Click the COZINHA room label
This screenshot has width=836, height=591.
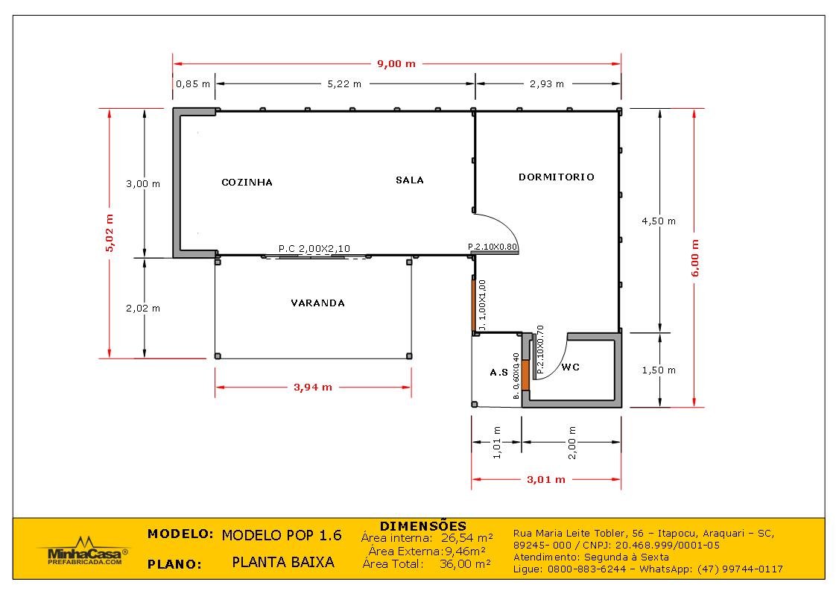pos(247,183)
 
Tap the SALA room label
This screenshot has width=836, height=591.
pos(410,180)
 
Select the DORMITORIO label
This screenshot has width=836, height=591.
pos(556,177)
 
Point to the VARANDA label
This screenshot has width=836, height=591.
pos(317,303)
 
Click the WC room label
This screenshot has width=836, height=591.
pos(571,367)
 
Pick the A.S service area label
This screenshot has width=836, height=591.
pos(499,373)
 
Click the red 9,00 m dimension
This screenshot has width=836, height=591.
pos(396,64)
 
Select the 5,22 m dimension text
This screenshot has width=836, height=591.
pos(344,83)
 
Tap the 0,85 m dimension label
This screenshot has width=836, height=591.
pos(193,83)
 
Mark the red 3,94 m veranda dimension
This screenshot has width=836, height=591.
pos(313,388)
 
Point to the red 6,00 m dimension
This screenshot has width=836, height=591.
pos(694,258)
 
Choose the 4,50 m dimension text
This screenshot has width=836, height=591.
pos(659,221)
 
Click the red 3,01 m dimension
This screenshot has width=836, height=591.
pos(546,479)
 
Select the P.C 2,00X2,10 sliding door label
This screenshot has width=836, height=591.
pos(314,249)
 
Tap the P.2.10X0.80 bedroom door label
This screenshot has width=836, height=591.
pos(493,247)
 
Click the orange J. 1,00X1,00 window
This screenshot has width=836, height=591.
pos(473,305)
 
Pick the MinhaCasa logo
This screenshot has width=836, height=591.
pos(83,552)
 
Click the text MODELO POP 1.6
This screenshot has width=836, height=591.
pos(282,536)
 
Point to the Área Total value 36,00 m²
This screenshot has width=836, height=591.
pos(465,563)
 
